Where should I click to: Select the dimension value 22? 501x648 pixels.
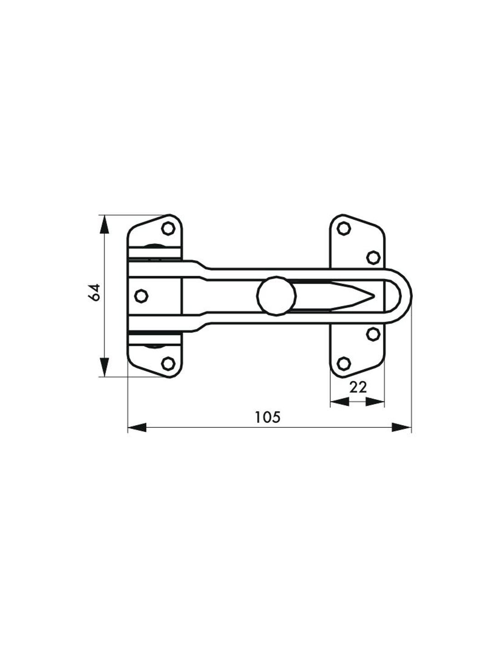[x=358, y=387]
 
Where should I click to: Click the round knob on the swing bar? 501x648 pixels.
[x=276, y=296]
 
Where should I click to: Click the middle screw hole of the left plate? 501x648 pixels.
[x=141, y=296]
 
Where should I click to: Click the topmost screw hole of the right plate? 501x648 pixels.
[x=343, y=229]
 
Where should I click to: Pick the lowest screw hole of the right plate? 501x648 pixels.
[x=343, y=363]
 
